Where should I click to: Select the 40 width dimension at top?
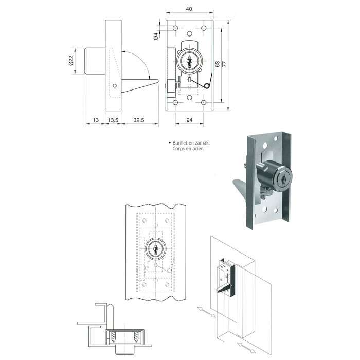point(190,9)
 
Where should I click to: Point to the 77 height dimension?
point(225,65)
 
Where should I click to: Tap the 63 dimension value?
point(217,64)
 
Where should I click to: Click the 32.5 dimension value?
point(138,120)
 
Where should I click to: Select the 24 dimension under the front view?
point(190,120)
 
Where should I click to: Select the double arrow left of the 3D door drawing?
point(204,311)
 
